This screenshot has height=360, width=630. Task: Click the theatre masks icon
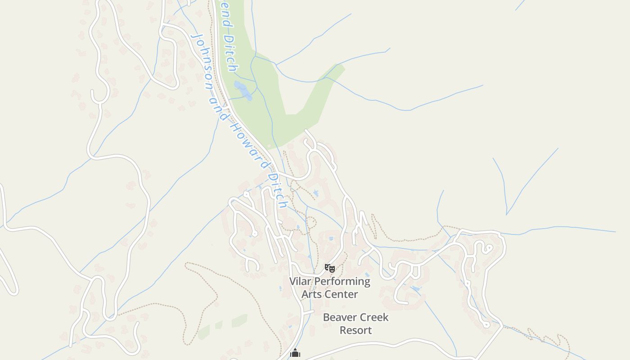pyautogui.click(x=330, y=268)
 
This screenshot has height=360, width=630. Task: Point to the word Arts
pyautogui.click(x=311, y=294)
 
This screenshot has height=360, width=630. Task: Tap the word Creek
pyautogui.click(x=373, y=317)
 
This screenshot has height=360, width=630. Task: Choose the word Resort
pyautogui.click(x=355, y=330)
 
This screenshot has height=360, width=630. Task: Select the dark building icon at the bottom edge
pyautogui.click(x=295, y=354)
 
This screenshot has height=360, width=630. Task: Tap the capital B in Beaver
pyautogui.click(x=327, y=317)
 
